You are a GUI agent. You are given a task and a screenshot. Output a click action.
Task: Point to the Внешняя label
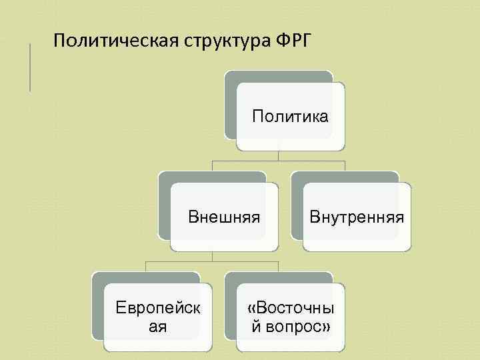coord(223,217)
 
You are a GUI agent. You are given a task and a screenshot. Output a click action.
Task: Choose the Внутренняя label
coord(357,217)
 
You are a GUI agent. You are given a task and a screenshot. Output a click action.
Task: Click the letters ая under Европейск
coord(157,327)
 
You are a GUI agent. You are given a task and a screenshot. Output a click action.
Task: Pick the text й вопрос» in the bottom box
coord(291,327)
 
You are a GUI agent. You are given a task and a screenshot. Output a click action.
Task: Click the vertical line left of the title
coord(30,67)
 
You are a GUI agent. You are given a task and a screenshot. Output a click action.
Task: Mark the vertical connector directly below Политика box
coord(279,155)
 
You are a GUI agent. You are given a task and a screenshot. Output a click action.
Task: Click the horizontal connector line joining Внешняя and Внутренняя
coord(279,161)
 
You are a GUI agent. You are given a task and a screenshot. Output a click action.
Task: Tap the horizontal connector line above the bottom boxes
coord(213,261)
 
